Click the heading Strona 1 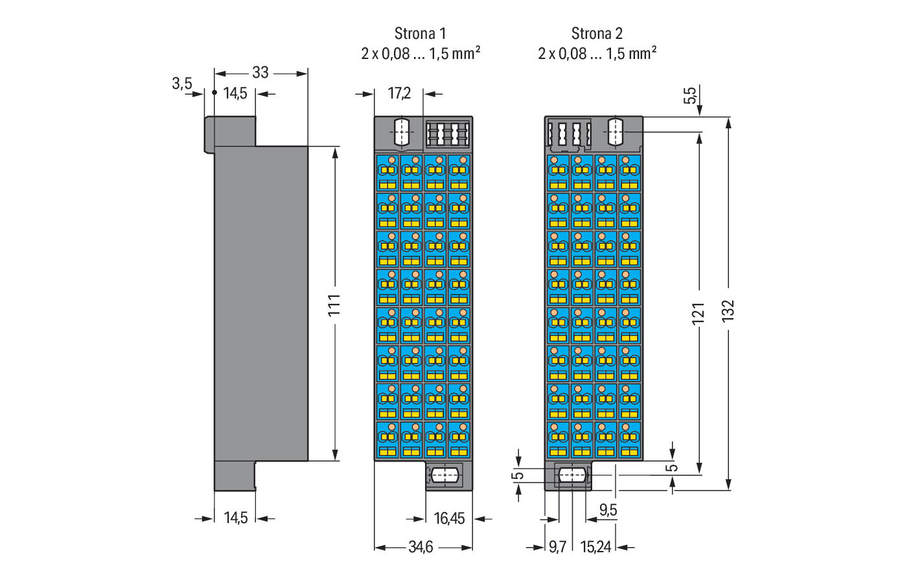tap(420, 33)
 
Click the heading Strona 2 tap(597, 33)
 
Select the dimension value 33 tap(260, 73)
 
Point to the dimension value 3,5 tap(182, 84)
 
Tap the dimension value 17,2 tap(399, 94)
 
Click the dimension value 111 tap(334, 305)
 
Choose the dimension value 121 tap(698, 314)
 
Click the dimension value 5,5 tap(691, 96)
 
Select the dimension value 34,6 tap(421, 547)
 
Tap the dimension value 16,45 tap(449, 519)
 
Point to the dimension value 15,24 tap(595, 547)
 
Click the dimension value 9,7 tap(557, 547)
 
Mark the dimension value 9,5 tap(608, 510)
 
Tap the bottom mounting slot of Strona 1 tap(444, 475)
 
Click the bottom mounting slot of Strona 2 tap(573, 475)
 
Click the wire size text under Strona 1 tap(421, 54)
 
